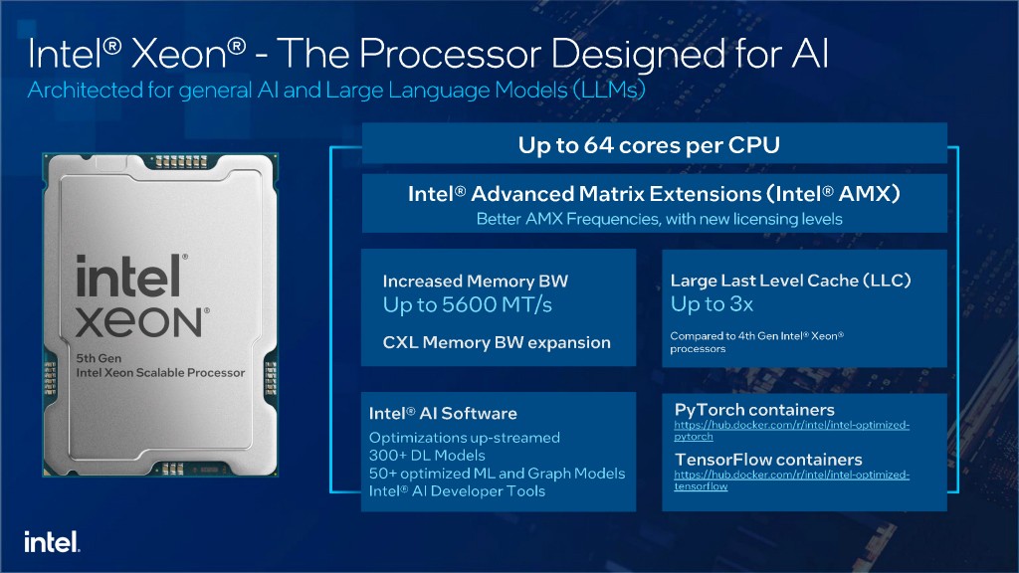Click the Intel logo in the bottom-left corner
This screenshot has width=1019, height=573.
click(52, 542)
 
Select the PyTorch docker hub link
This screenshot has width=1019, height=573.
click(791, 430)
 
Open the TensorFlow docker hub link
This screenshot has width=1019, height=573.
click(791, 480)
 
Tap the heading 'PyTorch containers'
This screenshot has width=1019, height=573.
click(754, 410)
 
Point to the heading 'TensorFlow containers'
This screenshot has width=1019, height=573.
click(768, 460)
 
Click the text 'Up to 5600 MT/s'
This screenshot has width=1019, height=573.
click(468, 304)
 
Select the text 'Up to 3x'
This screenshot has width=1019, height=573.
click(712, 303)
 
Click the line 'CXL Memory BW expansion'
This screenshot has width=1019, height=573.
click(497, 342)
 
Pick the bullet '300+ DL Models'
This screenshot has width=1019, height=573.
click(427, 456)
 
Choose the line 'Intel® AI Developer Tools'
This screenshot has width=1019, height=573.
click(457, 491)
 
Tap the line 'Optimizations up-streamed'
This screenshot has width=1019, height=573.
click(464, 438)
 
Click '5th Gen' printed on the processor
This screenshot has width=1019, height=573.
click(99, 358)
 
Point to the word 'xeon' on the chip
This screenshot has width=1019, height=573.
click(139, 322)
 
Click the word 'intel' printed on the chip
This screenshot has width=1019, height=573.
click(128, 276)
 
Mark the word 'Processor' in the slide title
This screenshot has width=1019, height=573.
click(450, 54)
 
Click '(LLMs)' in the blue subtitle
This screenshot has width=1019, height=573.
click(609, 89)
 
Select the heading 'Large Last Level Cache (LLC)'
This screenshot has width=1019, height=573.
click(791, 281)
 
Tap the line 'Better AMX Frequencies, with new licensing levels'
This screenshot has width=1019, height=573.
click(659, 219)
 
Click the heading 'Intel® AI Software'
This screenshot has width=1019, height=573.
click(443, 413)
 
